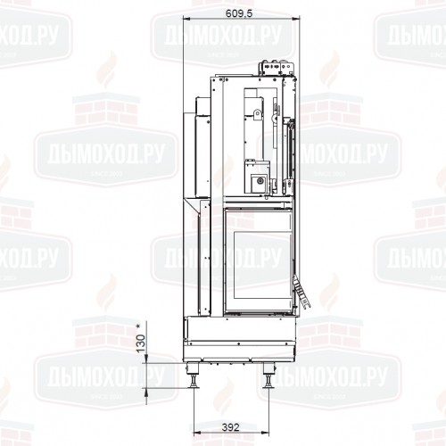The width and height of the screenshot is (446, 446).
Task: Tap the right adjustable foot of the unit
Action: coord(269,379)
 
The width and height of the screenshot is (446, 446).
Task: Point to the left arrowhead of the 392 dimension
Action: coord(194,417)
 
